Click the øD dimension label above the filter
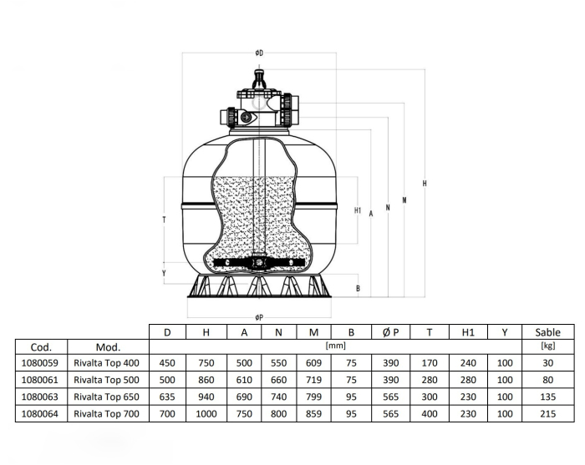point(259,53)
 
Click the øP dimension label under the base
point(259,317)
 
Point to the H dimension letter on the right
point(425,184)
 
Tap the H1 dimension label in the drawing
point(358,210)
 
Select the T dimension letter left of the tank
point(164,220)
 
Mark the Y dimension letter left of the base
point(164,273)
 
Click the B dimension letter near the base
point(358,288)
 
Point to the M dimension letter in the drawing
point(404,200)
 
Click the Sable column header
point(547,332)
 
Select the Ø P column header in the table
point(390,332)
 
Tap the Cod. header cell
point(41,347)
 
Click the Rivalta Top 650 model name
point(106,397)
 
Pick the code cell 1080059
point(40,363)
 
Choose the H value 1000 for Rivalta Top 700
point(206,414)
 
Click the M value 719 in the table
point(313,380)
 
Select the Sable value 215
point(547,414)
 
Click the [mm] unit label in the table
point(335,346)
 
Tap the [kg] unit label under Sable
point(547,346)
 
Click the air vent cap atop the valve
point(258,78)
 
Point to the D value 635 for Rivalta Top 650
point(167,397)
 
